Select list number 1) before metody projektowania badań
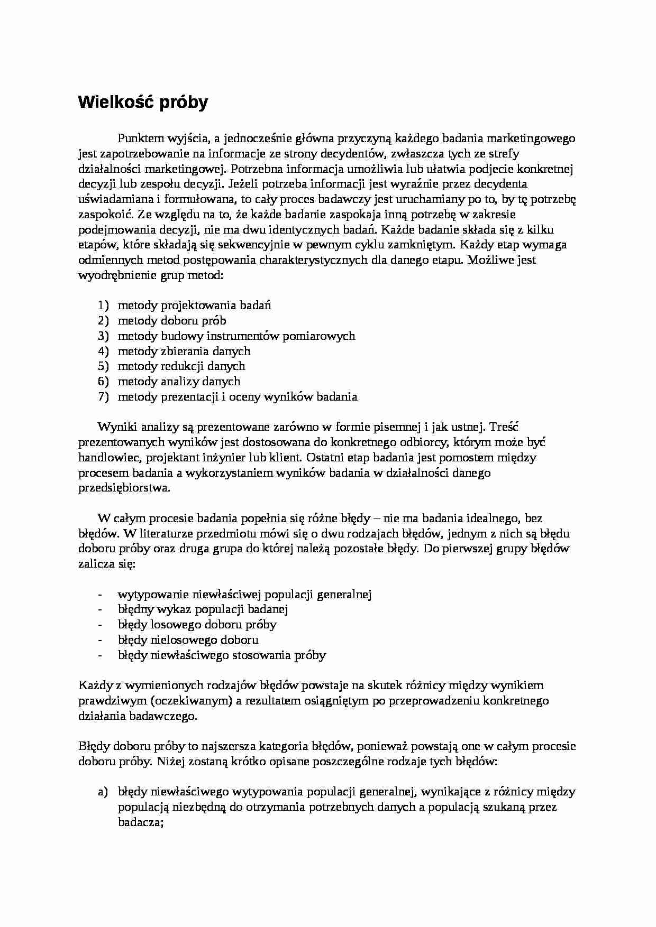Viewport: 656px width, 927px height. pos(103,305)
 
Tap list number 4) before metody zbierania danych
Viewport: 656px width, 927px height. pos(103,351)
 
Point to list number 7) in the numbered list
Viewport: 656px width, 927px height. pos(103,397)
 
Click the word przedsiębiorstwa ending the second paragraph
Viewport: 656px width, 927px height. pos(124,488)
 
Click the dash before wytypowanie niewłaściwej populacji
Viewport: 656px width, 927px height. pos(99,595)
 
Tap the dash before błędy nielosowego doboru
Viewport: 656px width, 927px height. pos(99,640)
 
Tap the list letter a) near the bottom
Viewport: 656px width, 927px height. pos(103,792)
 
